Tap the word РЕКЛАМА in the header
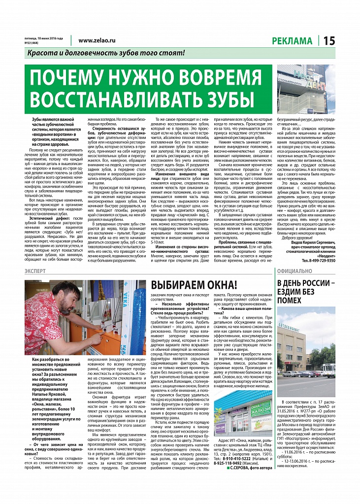click(294, 41)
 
